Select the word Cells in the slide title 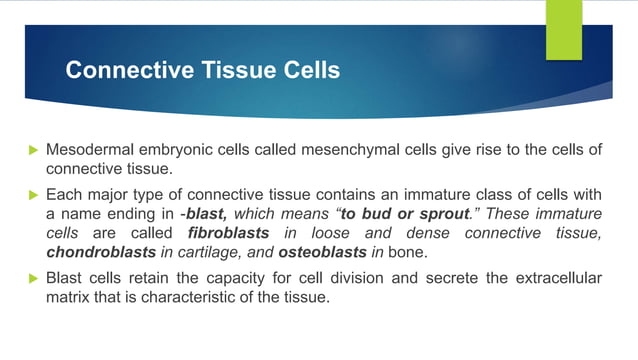coord(309,71)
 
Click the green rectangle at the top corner coord(561,28)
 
